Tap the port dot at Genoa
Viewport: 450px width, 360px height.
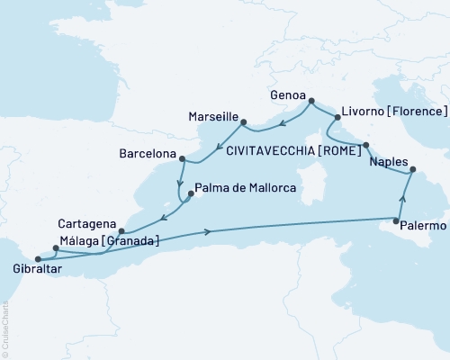[311, 102]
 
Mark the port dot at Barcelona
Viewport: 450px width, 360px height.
[182, 161]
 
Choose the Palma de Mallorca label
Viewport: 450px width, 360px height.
[246, 188]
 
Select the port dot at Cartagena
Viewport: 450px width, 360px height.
[121, 230]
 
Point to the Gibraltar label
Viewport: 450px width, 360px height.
[28, 269]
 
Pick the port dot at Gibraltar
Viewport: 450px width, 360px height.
[38, 260]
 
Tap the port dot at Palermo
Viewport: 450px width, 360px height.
[397, 220]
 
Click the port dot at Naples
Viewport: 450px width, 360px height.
[412, 169]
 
